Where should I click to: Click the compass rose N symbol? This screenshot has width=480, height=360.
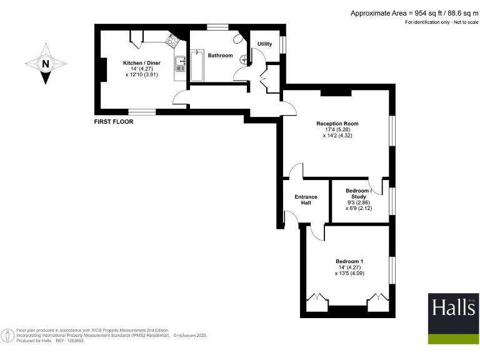(44, 63)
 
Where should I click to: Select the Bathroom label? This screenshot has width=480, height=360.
(220, 56)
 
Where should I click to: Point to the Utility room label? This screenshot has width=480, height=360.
(264, 44)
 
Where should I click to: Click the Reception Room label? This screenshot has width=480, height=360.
(337, 124)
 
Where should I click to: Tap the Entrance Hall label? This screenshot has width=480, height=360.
(306, 200)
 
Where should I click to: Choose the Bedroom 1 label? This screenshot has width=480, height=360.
(349, 261)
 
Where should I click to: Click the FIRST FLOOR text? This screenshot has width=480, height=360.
(113, 122)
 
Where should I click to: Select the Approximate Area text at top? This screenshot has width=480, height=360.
(414, 13)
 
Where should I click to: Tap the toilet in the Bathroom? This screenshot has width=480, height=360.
(239, 39)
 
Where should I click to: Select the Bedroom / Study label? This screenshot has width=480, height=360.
(358, 193)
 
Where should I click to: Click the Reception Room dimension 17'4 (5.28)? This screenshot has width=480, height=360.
(337, 129)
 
